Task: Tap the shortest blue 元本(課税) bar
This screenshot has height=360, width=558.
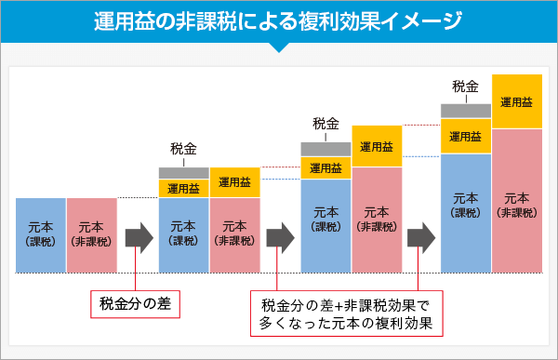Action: pyautogui.click(x=41, y=235)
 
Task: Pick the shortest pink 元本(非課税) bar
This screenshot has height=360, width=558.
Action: pyautogui.click(x=91, y=235)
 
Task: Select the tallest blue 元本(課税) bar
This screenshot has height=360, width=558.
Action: pyautogui.click(x=465, y=213)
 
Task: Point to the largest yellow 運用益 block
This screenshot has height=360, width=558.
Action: pyautogui.click(x=517, y=101)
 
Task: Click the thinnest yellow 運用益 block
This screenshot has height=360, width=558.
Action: pyautogui.click(x=184, y=188)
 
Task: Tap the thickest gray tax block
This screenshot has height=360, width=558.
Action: pyautogui.click(x=465, y=111)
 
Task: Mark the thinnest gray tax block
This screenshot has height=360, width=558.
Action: pyautogui.click(x=184, y=172)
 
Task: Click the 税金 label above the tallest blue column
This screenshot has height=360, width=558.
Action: pyautogui.click(x=465, y=87)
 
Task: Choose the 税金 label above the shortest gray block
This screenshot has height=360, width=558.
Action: pyautogui.click(x=184, y=149)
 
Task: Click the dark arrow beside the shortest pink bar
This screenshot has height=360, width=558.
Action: pyautogui.click(x=138, y=235)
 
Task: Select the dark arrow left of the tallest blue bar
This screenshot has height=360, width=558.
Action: pyautogui.click(x=420, y=235)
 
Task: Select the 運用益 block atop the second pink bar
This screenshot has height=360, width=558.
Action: pyautogui.click(x=234, y=182)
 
